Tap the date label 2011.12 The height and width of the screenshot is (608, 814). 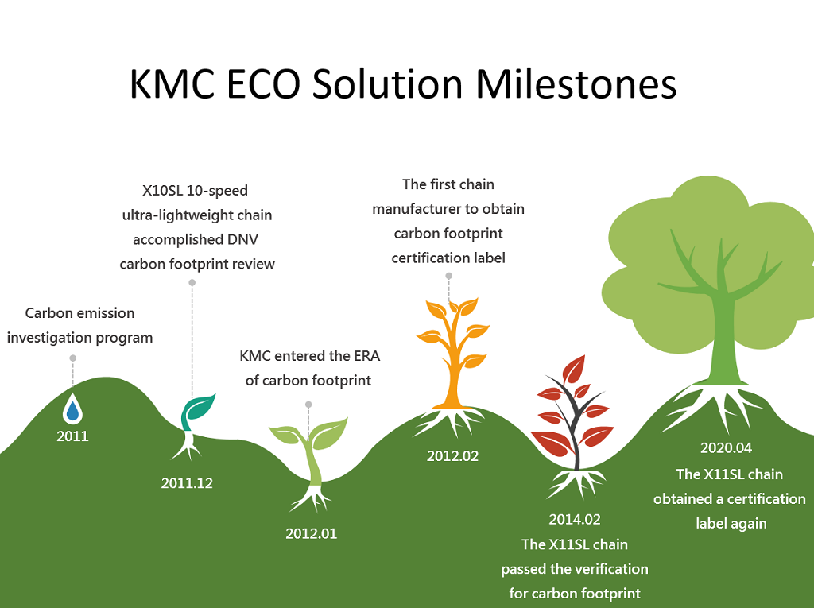point(187,483)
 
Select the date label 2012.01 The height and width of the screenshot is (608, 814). point(311,534)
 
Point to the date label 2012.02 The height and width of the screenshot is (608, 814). point(452,456)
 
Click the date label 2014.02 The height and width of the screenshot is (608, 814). point(575,519)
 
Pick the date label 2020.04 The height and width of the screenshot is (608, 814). point(726,447)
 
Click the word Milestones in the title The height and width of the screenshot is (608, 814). point(576,83)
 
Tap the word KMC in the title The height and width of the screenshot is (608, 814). point(172,83)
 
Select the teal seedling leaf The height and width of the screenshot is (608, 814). point(200,407)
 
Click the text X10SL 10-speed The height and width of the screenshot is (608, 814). point(196,191)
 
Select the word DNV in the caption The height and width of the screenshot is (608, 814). point(242,240)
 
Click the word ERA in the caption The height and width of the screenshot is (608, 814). point(367,356)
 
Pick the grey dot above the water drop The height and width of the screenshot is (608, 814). point(72,358)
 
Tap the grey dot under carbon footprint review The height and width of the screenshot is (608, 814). point(192,282)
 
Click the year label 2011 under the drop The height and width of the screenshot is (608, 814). point(72,436)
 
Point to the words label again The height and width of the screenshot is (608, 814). point(731,524)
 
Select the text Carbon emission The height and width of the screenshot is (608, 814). point(80,313)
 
